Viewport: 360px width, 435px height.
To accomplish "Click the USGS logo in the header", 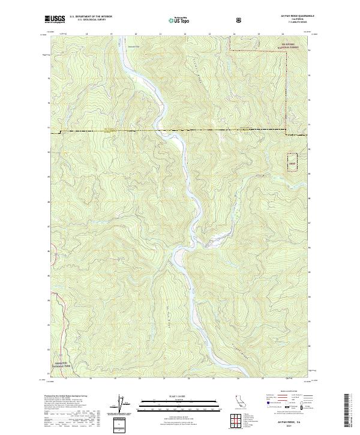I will click(55, 19).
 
